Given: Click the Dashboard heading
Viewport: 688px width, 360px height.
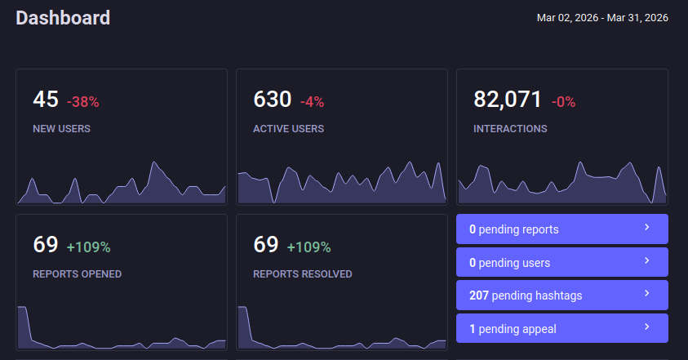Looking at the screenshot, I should coord(63,17).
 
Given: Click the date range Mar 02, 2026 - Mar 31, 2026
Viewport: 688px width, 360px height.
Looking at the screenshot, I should coord(602,17).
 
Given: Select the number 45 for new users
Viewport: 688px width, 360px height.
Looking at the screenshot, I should coord(46,100).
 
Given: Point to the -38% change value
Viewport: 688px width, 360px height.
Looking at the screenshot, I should coord(82,102).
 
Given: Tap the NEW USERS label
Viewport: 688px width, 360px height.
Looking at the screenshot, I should coord(61,128).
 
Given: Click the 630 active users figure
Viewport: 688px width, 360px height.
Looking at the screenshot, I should coord(272,100).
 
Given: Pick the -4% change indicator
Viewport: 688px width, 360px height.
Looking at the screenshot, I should coord(312,102).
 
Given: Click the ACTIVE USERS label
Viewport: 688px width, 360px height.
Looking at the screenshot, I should coord(288,128).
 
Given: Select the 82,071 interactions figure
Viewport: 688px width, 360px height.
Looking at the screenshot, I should coord(508,100).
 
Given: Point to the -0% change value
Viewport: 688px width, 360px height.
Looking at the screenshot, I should coord(563,102).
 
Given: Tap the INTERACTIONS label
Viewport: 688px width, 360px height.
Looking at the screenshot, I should coord(510,128).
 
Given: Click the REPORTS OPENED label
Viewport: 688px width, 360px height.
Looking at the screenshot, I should coord(77,273).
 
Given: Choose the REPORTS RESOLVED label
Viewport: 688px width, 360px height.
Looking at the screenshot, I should coord(302,273).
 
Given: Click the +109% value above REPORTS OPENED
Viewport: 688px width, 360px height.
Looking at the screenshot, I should coord(88,247).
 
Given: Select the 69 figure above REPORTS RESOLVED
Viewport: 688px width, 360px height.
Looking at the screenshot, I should coord(266,245).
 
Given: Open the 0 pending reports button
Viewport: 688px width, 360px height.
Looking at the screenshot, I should coord(561,229).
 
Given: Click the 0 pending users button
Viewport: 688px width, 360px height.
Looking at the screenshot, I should coord(561,263).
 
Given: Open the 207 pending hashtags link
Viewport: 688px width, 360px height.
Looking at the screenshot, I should coord(561,296).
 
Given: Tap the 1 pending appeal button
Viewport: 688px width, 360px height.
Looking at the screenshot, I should coord(561,329).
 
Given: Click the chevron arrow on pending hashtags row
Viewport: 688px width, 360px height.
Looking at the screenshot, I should coord(646,293).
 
